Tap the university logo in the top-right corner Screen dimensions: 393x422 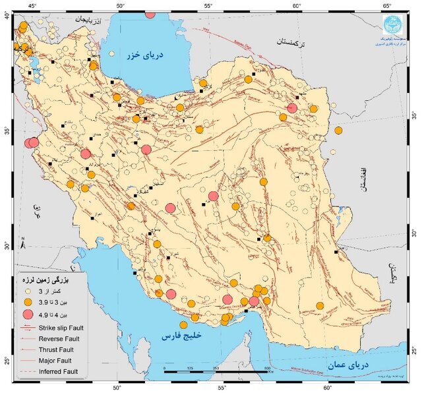pos(396,24)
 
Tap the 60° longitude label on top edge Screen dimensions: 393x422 pos(296,5)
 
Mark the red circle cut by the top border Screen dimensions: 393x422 pos(150,14)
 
